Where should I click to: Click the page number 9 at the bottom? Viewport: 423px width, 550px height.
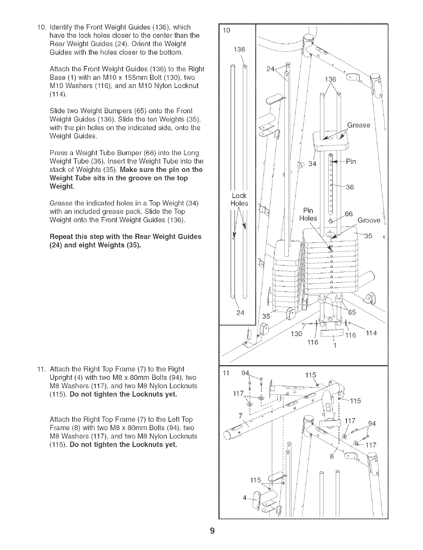tap(212, 532)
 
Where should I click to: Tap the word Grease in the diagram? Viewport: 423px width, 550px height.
tap(359, 125)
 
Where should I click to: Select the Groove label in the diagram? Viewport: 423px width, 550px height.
tap(369, 220)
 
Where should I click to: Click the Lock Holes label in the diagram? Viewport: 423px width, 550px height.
tap(239, 200)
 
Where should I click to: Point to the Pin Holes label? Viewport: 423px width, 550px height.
tap(308, 214)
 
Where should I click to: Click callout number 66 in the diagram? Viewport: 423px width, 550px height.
tap(349, 214)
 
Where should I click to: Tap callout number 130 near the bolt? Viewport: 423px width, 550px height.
tap(296, 334)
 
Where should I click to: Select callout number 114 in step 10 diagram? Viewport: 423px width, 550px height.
tap(371, 333)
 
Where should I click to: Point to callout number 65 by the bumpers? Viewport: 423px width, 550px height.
tap(352, 312)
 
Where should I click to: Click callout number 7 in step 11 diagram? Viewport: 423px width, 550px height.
tap(240, 416)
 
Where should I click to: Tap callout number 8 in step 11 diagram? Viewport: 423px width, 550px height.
tap(332, 456)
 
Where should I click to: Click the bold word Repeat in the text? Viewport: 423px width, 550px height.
tap(61, 236)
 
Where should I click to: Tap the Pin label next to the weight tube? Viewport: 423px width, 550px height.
tap(351, 162)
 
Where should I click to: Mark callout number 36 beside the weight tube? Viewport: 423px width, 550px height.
tap(350, 187)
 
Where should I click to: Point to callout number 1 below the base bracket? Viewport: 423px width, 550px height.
tap(335, 346)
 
